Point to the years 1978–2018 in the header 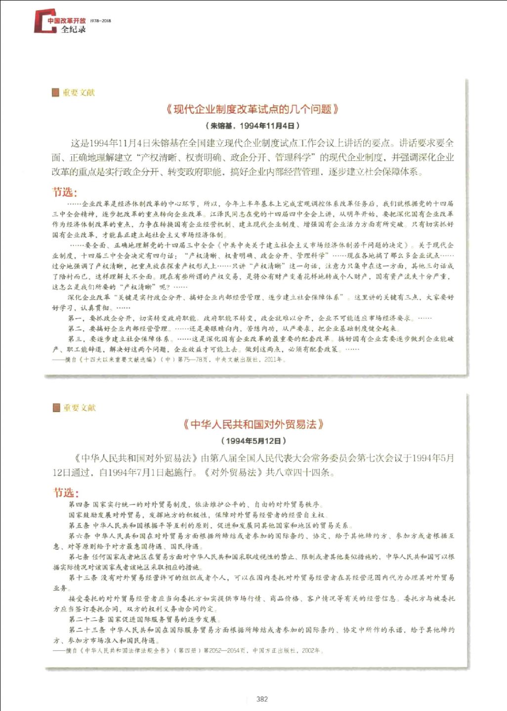(101, 21)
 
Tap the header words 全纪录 (73, 30)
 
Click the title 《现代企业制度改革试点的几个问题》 (253, 109)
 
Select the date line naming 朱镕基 (253, 125)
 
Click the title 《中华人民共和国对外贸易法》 (253, 424)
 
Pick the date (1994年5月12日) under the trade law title (253, 440)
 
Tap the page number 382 (262, 699)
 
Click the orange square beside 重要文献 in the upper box (55, 92)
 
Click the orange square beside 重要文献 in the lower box (56, 408)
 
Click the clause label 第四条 (79, 504)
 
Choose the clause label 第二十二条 (86, 619)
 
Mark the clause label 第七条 (79, 557)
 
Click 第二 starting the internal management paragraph (75, 329)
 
